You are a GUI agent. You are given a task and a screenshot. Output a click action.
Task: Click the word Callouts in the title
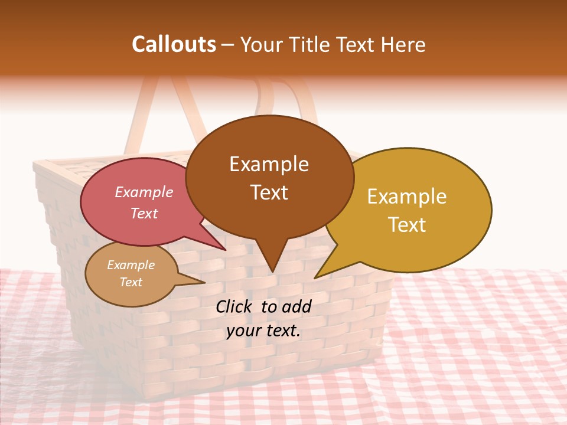pos(174,44)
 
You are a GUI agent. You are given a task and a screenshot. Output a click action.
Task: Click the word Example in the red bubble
pos(144,192)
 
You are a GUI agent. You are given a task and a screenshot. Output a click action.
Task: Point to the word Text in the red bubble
pos(144,213)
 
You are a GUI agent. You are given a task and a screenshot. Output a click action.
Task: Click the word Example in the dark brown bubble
pos(269,164)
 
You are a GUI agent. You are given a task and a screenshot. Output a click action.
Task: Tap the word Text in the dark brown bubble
pos(269,192)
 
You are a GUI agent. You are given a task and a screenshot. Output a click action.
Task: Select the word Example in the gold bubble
pos(407,197)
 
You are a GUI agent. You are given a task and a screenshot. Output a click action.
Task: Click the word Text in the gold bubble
pos(407,225)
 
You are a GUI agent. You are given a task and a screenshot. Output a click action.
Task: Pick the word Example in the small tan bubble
pos(131,265)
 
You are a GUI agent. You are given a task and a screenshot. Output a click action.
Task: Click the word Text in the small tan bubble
pos(131,282)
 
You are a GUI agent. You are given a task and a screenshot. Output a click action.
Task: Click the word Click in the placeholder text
pos(234,306)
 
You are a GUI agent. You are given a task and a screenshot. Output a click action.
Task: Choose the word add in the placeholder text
pos(297,306)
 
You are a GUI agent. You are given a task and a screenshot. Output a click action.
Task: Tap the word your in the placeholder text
pos(243,331)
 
